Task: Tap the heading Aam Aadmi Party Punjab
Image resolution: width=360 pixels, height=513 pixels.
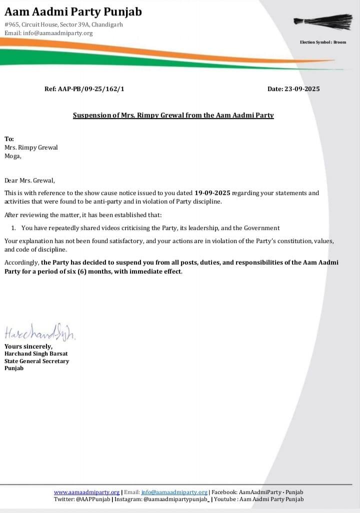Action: (73, 11)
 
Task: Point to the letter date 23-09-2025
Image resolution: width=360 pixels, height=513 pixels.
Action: (301, 89)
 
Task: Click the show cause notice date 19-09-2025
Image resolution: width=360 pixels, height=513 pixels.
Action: (213, 192)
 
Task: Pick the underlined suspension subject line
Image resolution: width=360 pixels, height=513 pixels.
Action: (173, 115)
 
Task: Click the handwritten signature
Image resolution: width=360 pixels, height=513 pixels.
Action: (40, 332)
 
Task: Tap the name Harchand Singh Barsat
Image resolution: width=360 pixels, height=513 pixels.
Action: (36, 353)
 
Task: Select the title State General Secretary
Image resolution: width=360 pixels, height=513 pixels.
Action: (37, 361)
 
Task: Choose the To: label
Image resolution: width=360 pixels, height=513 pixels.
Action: (9, 139)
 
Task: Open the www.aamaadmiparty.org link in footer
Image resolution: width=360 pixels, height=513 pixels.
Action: (86, 492)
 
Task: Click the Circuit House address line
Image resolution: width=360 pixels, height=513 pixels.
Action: (63, 24)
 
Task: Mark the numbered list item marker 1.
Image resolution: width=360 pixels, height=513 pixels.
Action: (13, 228)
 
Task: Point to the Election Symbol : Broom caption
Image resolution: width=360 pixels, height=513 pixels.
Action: (322, 42)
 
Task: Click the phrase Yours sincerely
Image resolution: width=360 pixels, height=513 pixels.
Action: (28, 346)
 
